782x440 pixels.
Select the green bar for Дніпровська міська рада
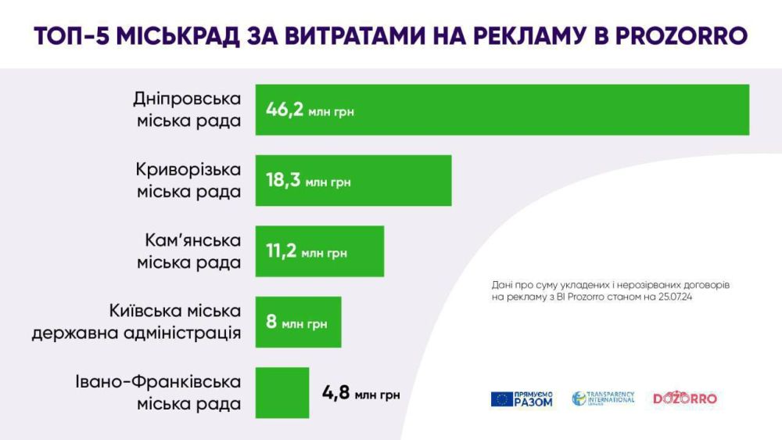[547, 110]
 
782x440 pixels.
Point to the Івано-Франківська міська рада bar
[282, 393]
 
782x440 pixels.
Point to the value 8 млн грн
[296, 323]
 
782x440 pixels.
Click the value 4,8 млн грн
[361, 394]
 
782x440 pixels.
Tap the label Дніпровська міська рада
[188, 110]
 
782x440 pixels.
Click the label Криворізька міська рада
[188, 181]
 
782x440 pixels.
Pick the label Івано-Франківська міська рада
[159, 393]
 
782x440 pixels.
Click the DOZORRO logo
[685, 399]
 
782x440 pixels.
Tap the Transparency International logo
[603, 399]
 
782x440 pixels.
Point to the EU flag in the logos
[502, 399]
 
